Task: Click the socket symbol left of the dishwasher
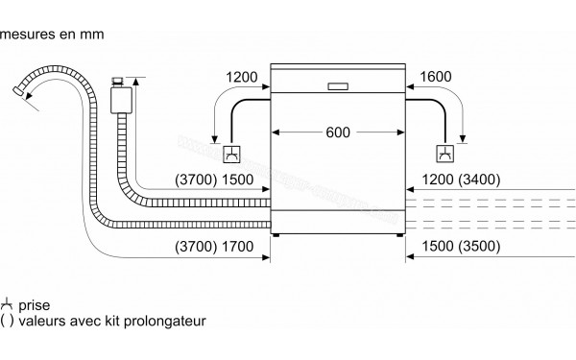click(231, 154)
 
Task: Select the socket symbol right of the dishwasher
click(444, 154)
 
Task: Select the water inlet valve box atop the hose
click(121, 96)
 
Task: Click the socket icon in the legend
click(9, 303)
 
